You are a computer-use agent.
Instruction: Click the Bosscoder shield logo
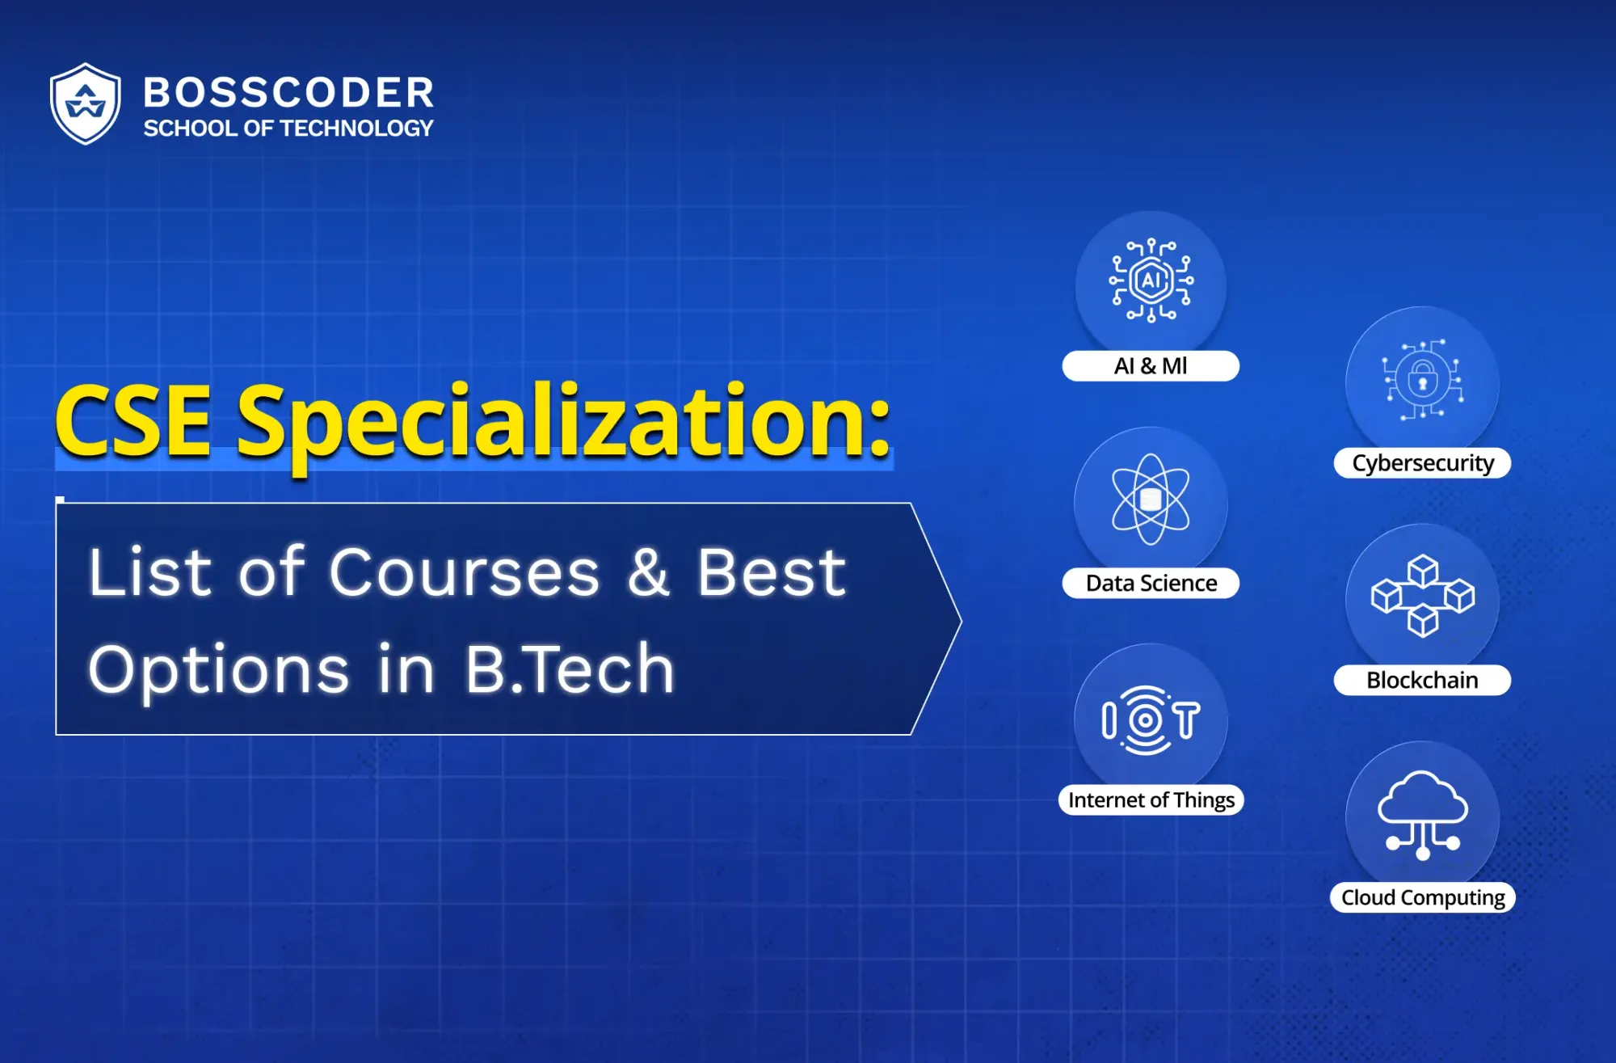(86, 103)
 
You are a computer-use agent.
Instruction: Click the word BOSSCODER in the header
(288, 92)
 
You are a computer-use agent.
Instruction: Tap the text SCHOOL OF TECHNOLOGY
(288, 129)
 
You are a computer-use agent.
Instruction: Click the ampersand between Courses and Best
(649, 572)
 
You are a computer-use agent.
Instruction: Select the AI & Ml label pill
(1151, 366)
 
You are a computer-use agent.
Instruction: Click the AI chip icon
(1151, 281)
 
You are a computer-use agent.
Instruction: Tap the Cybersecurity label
(1422, 463)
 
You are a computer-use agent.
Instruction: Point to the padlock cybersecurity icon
(1422, 379)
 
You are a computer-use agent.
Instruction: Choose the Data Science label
(1151, 583)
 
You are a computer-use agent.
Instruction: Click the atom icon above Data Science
(1151, 499)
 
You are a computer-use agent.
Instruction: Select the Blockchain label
(1422, 680)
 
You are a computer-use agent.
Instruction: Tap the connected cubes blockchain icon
(1422, 597)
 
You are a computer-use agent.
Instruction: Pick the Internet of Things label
(1151, 799)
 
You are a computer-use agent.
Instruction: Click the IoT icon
(1151, 720)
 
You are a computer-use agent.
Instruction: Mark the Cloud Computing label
(1422, 897)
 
